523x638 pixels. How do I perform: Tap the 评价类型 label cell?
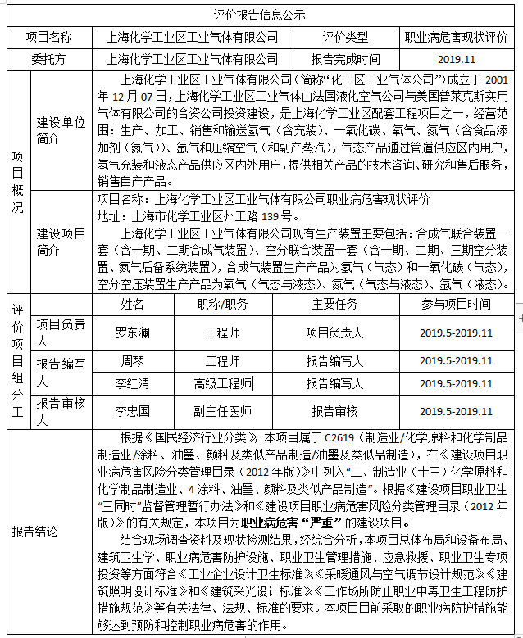[x=345, y=37]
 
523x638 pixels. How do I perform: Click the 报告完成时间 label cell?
[x=345, y=59]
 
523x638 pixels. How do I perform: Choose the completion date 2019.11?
[x=456, y=59]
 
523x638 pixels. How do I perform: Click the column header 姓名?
[x=132, y=304]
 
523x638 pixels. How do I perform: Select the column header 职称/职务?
[x=222, y=304]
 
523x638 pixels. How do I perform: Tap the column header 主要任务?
[x=334, y=304]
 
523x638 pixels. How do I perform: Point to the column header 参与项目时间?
[x=456, y=304]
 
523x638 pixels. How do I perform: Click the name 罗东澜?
[x=132, y=333]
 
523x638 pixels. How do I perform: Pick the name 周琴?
[x=132, y=361]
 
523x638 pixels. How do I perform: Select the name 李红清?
[x=132, y=382]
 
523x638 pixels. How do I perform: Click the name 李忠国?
[x=132, y=411]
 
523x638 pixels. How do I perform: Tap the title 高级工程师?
[x=222, y=382]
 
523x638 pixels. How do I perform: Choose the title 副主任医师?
[x=222, y=411]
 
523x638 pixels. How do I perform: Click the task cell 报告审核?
[x=334, y=411]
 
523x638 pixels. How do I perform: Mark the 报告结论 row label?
[x=34, y=532]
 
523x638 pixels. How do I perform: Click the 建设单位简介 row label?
[x=61, y=131]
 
